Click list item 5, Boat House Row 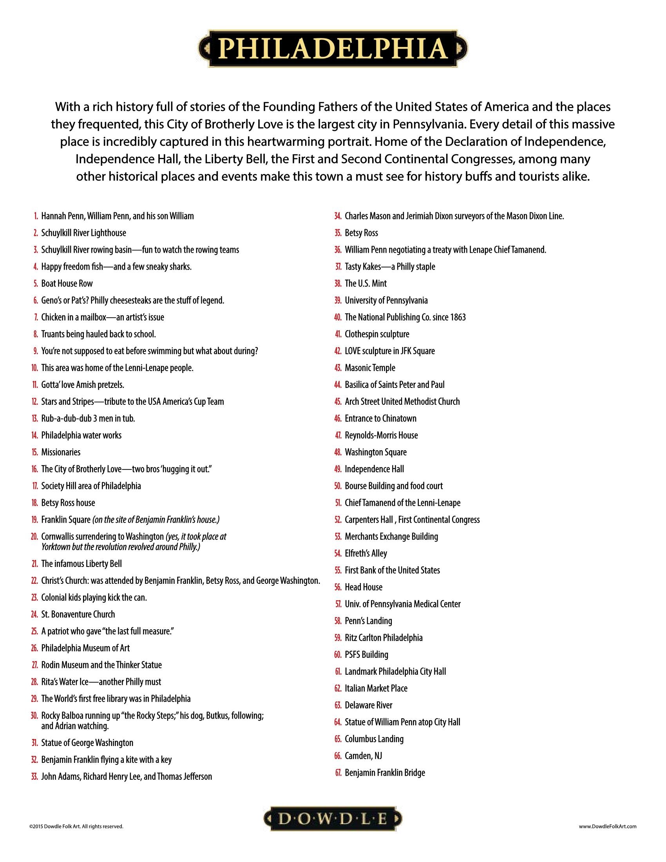67,283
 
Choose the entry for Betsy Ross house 68,503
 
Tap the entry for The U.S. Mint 366,283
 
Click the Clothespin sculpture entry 377,334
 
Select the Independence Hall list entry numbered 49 374,469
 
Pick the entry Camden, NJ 363,756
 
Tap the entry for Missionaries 61,452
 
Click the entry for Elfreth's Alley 366,553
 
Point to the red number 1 36,216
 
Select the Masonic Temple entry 370,368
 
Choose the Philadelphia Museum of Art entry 85,648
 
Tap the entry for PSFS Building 366,655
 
